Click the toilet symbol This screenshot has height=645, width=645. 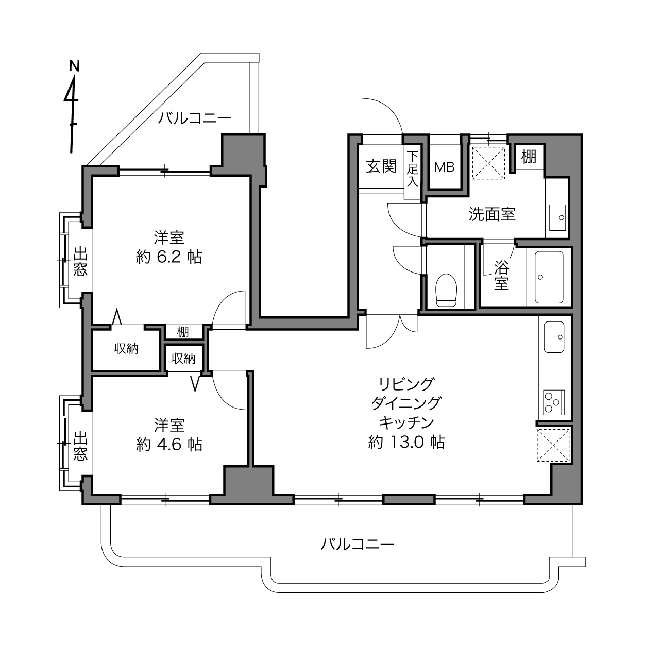(x=446, y=290)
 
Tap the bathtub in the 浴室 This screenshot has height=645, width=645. (x=549, y=278)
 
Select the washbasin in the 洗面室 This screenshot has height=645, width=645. (x=557, y=217)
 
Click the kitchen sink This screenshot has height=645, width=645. (x=554, y=337)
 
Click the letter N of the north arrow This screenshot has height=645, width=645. (x=74, y=66)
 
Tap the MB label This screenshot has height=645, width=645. (x=444, y=167)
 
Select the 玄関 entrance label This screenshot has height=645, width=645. (x=381, y=166)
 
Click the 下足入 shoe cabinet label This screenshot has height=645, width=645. (x=412, y=169)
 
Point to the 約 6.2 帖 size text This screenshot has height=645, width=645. (x=169, y=257)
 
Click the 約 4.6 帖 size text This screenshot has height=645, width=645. (x=169, y=445)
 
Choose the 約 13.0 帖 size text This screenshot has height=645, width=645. (x=406, y=442)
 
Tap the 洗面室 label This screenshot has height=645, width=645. (x=491, y=214)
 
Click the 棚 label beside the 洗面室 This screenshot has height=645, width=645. (x=529, y=156)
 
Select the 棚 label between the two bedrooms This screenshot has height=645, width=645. (x=183, y=332)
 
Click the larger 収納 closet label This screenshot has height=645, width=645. (x=126, y=349)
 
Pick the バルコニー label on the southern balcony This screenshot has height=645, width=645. (x=358, y=544)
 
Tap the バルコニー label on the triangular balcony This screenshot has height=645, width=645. (x=194, y=118)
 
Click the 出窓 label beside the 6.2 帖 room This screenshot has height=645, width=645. (x=80, y=261)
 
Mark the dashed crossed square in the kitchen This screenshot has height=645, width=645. (x=553, y=445)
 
